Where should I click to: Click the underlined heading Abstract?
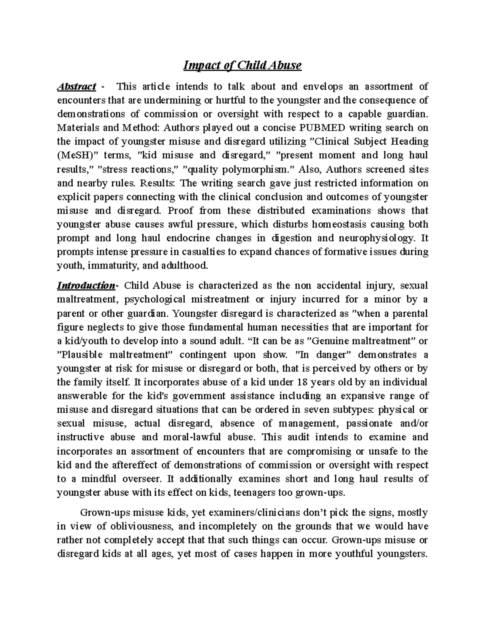pos(77,86)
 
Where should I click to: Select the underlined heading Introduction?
pos(86,286)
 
